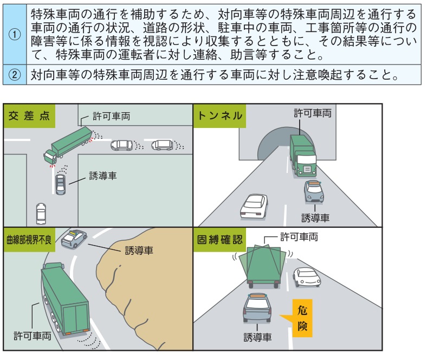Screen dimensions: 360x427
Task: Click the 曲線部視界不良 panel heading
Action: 29,239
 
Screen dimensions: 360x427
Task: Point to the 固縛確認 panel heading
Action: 220,239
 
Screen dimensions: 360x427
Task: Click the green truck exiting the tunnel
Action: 302,155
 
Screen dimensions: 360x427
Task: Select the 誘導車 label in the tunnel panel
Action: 315,217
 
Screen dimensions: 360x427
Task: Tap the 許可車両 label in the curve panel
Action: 33,336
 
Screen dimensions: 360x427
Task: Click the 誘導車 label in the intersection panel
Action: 102,176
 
